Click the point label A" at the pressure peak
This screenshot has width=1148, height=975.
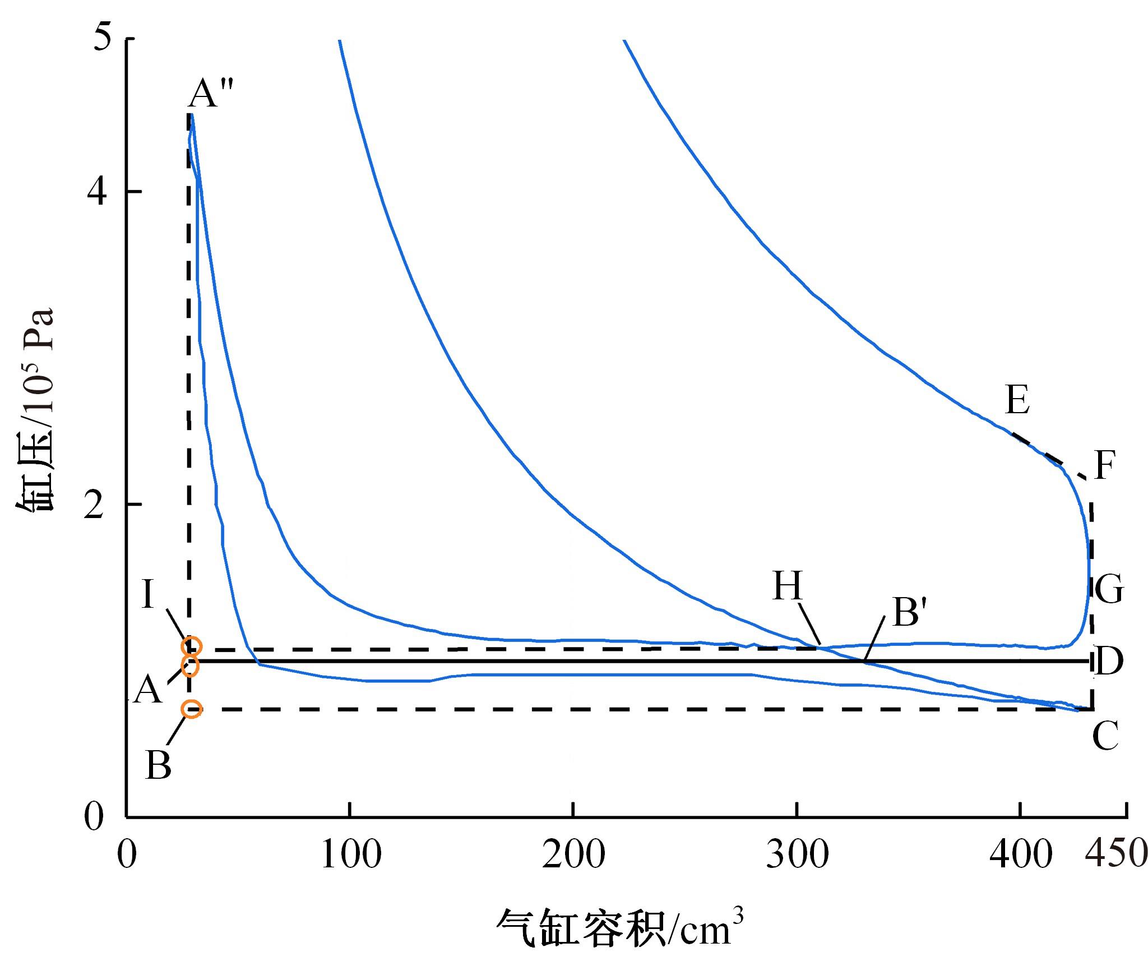210,93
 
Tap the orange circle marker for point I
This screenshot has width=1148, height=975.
191,646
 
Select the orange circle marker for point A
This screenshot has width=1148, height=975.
190,667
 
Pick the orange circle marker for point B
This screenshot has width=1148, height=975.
191,709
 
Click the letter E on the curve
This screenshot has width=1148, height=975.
1017,400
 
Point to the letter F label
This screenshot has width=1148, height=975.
1104,466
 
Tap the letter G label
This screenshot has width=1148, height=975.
1108,589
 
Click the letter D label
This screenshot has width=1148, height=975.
1108,662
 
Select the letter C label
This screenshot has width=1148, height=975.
1105,736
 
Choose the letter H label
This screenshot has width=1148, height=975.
788,586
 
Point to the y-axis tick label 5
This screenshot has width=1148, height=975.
103,38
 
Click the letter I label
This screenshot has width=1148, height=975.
147,594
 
